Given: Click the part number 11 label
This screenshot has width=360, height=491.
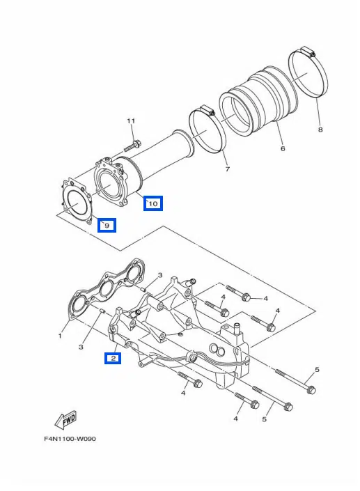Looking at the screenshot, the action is pyautogui.click(x=131, y=120).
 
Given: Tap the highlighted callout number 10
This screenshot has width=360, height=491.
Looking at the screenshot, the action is pyautogui.click(x=153, y=203).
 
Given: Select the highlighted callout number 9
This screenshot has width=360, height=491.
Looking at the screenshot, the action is pyautogui.click(x=107, y=225).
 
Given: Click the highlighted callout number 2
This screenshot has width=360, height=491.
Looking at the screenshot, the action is pyautogui.click(x=113, y=358).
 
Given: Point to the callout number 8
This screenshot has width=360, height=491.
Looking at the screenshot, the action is pyautogui.click(x=320, y=129).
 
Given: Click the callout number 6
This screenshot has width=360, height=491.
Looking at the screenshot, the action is pyautogui.click(x=283, y=148).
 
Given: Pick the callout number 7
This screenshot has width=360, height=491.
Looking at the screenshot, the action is pyautogui.click(x=228, y=169).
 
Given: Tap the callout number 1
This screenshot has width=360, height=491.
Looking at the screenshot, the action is pyautogui.click(x=60, y=336).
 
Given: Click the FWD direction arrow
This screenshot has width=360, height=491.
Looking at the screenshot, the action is pyautogui.click(x=65, y=419).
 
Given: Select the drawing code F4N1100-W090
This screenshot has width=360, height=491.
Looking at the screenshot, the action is pyautogui.click(x=70, y=439).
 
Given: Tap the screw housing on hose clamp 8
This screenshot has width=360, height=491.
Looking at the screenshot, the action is pyautogui.click(x=308, y=51).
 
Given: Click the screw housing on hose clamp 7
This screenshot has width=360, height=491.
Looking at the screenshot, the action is pyautogui.click(x=207, y=110).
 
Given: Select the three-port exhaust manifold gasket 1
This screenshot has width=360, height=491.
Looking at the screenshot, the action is pyautogui.click(x=107, y=289).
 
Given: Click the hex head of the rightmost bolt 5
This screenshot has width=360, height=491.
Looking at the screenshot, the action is pyautogui.click(x=311, y=390).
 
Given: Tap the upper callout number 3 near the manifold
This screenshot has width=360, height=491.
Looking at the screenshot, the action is pyautogui.click(x=160, y=275).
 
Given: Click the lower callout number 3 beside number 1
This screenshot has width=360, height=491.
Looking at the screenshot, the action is pyautogui.click(x=81, y=347).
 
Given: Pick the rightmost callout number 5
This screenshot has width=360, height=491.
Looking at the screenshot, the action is pyautogui.click(x=317, y=370).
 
